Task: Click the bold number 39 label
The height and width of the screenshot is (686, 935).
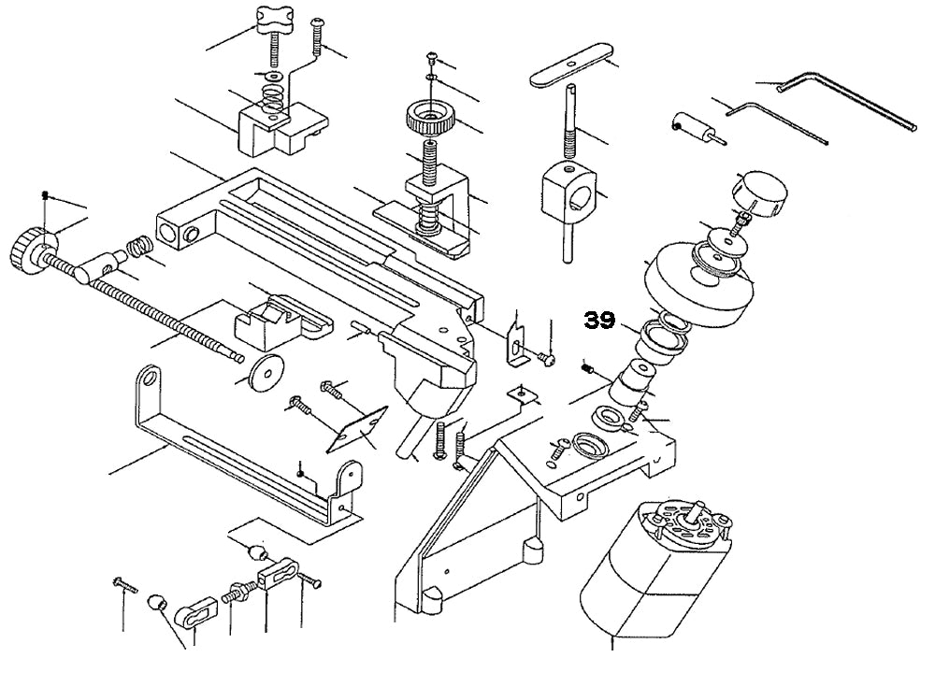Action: click(599, 321)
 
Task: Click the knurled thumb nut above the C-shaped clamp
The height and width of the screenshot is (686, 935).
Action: click(430, 120)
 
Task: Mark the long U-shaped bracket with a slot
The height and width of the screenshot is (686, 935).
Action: click(243, 449)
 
